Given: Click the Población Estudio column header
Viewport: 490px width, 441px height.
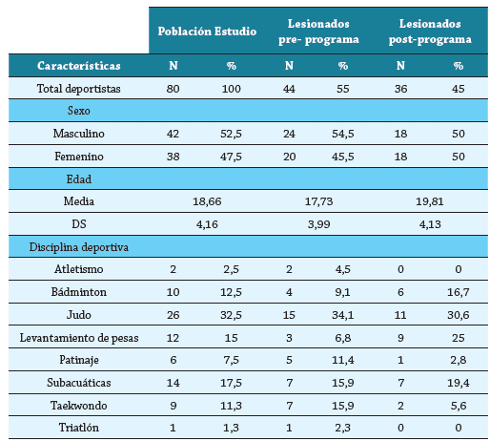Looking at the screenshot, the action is tap(206, 31).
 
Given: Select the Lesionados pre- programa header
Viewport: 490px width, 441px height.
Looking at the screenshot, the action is tap(323, 31).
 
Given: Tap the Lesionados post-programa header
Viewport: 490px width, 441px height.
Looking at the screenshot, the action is tap(431, 31).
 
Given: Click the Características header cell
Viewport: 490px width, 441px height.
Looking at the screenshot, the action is tap(78, 66).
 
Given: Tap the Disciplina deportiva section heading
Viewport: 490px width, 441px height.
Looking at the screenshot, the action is tap(78, 246).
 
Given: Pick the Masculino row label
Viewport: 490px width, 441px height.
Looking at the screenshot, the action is tap(78, 134).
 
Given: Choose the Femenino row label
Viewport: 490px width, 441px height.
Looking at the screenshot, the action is tap(78, 156).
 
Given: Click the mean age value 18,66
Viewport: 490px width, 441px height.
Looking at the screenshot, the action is tap(208, 201).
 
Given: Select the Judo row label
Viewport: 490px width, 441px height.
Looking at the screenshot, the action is tap(78, 314).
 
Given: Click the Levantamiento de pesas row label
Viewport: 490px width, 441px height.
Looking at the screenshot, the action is tap(78, 337).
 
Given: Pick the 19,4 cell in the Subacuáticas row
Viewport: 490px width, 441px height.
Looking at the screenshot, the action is tap(458, 382).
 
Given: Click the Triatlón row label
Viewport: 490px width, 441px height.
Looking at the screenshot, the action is tap(78, 427).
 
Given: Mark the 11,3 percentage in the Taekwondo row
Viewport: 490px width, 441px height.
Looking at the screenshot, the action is tap(230, 405).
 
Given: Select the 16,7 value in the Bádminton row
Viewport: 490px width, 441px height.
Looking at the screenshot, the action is tap(458, 292).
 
